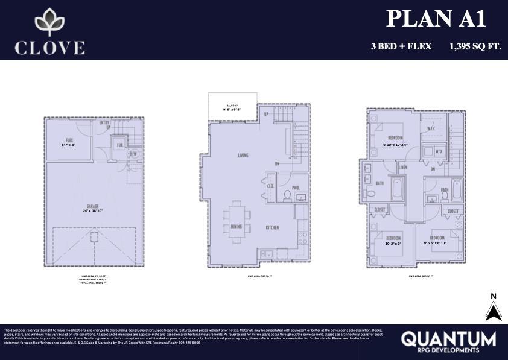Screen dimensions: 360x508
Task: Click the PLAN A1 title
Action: tap(436, 19)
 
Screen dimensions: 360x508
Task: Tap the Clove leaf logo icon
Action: tap(50, 22)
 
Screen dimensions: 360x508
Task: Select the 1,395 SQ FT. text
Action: tap(475, 46)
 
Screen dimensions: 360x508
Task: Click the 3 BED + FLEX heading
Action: tap(401, 46)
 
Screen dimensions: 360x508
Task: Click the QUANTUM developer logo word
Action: tap(448, 338)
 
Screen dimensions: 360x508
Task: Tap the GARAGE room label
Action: tap(92, 206)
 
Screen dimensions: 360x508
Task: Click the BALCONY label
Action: tap(232, 104)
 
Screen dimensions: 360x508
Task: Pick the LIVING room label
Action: tap(243, 156)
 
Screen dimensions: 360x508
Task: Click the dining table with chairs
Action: tap(235, 217)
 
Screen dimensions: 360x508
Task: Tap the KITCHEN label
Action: tap(272, 227)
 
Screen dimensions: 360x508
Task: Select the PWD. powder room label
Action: tap(296, 187)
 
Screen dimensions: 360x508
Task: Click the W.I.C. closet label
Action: tap(431, 128)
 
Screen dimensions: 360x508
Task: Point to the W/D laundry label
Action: tap(438, 151)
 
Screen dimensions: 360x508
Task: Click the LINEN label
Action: tap(403, 167)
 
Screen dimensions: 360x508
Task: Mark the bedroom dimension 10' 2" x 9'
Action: tap(392, 244)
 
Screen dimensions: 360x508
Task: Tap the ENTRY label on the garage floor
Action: tap(104, 122)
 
